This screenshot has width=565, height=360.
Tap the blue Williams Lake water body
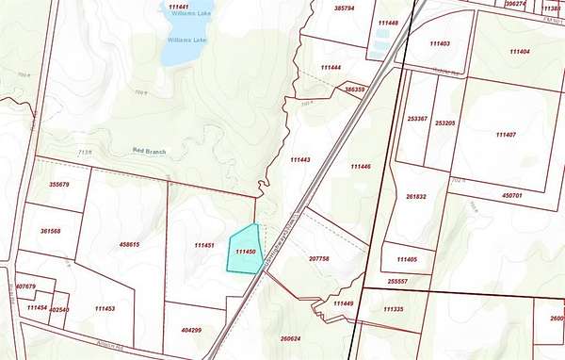178,49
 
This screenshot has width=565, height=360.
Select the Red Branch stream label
151,151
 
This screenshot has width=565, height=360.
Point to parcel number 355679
58,185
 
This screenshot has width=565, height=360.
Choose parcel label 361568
51,231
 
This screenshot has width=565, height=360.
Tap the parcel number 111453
105,308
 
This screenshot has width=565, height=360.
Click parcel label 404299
191,330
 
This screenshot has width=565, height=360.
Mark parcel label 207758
318,257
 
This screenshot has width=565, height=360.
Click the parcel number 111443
300,159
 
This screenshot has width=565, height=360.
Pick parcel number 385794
344,8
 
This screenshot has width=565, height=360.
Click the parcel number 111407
506,135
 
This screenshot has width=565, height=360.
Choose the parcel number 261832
416,197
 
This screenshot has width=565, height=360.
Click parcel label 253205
444,122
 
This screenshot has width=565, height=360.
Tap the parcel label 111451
204,245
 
